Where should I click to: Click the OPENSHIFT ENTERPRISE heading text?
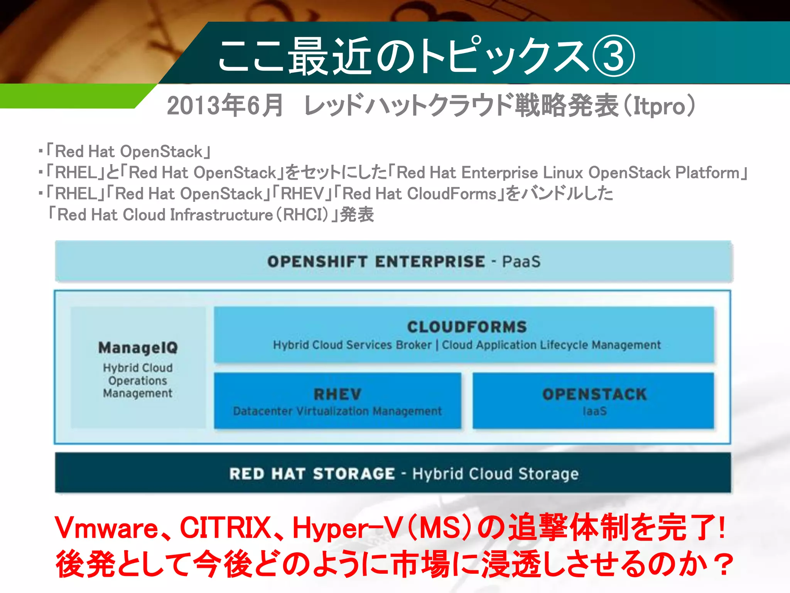[376, 261]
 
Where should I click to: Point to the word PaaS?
[521, 262]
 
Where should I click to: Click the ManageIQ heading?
[138, 347]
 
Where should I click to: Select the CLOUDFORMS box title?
[467, 327]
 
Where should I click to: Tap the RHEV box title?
[338, 394]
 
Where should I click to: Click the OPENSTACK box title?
[594, 394]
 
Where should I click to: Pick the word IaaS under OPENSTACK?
[594, 411]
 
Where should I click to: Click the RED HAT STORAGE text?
[312, 474]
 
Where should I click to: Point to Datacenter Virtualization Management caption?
[338, 411]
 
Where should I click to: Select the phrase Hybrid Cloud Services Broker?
[352, 345]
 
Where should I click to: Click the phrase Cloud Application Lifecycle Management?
[551, 345]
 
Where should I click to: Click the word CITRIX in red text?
[226, 528]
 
